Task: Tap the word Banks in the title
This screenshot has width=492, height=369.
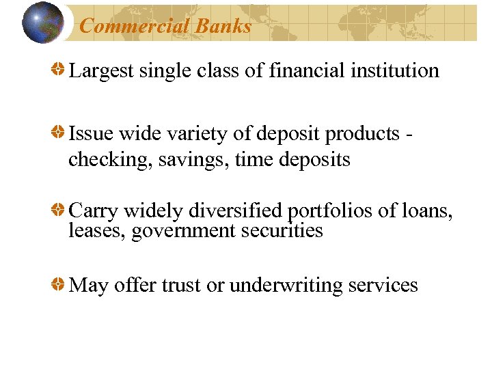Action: coord(223,27)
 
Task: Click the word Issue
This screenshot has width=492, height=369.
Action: coord(90,134)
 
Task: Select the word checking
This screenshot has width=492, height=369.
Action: coord(109,160)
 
